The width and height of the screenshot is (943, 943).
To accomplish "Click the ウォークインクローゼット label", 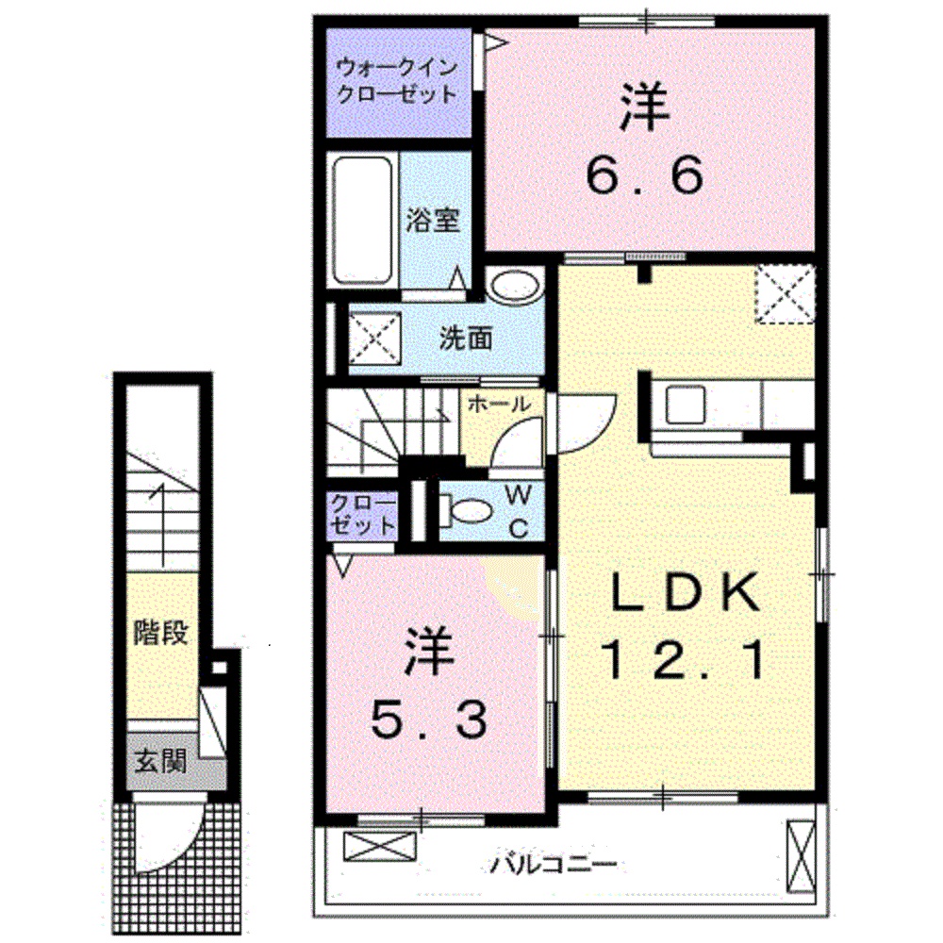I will (x=397, y=81).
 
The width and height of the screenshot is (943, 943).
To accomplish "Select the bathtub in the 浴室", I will (x=362, y=220).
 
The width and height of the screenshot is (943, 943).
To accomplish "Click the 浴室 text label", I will (x=433, y=220).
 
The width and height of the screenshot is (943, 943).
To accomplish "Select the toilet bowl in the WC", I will (x=469, y=512).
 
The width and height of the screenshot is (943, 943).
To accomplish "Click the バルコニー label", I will (x=554, y=863).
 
